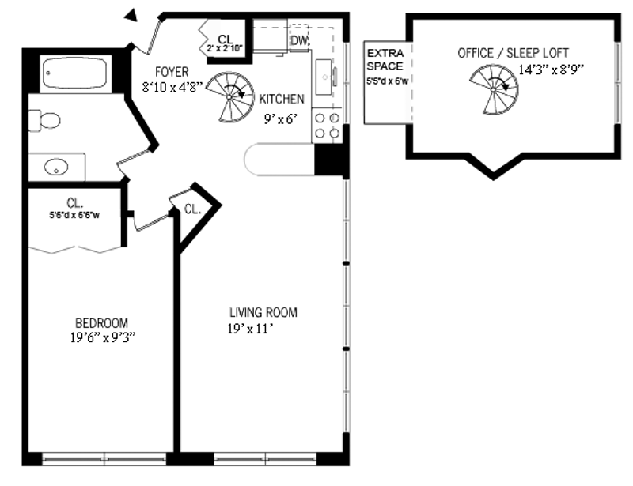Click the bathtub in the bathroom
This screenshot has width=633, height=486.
click(x=74, y=73)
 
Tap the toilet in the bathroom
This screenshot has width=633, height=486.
click(x=44, y=120)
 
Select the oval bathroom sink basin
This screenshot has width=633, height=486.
click(x=56, y=167)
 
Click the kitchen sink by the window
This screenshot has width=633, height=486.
click(x=324, y=77)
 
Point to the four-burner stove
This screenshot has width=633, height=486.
click(x=327, y=126)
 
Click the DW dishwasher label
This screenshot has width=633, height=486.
click(x=300, y=40)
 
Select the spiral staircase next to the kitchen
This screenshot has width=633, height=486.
click(x=230, y=97)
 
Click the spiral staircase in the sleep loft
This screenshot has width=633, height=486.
click(x=494, y=89)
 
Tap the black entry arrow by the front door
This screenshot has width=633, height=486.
click(x=131, y=15)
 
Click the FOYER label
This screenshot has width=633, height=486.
click(x=172, y=72)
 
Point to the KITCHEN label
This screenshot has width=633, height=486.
click(x=282, y=99)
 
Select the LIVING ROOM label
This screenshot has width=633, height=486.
click(x=263, y=312)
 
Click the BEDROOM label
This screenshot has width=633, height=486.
click(x=102, y=323)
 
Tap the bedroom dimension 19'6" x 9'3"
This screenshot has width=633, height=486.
click(x=103, y=337)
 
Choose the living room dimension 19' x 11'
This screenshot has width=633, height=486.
click(x=251, y=329)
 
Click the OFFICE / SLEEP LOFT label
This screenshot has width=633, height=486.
click(x=513, y=53)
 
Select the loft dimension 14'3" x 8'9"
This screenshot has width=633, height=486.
click(x=551, y=70)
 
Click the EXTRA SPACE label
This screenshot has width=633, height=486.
click(x=385, y=60)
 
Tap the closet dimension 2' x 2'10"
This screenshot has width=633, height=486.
click(x=225, y=48)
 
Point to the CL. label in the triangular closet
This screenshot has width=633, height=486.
click(x=192, y=209)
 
